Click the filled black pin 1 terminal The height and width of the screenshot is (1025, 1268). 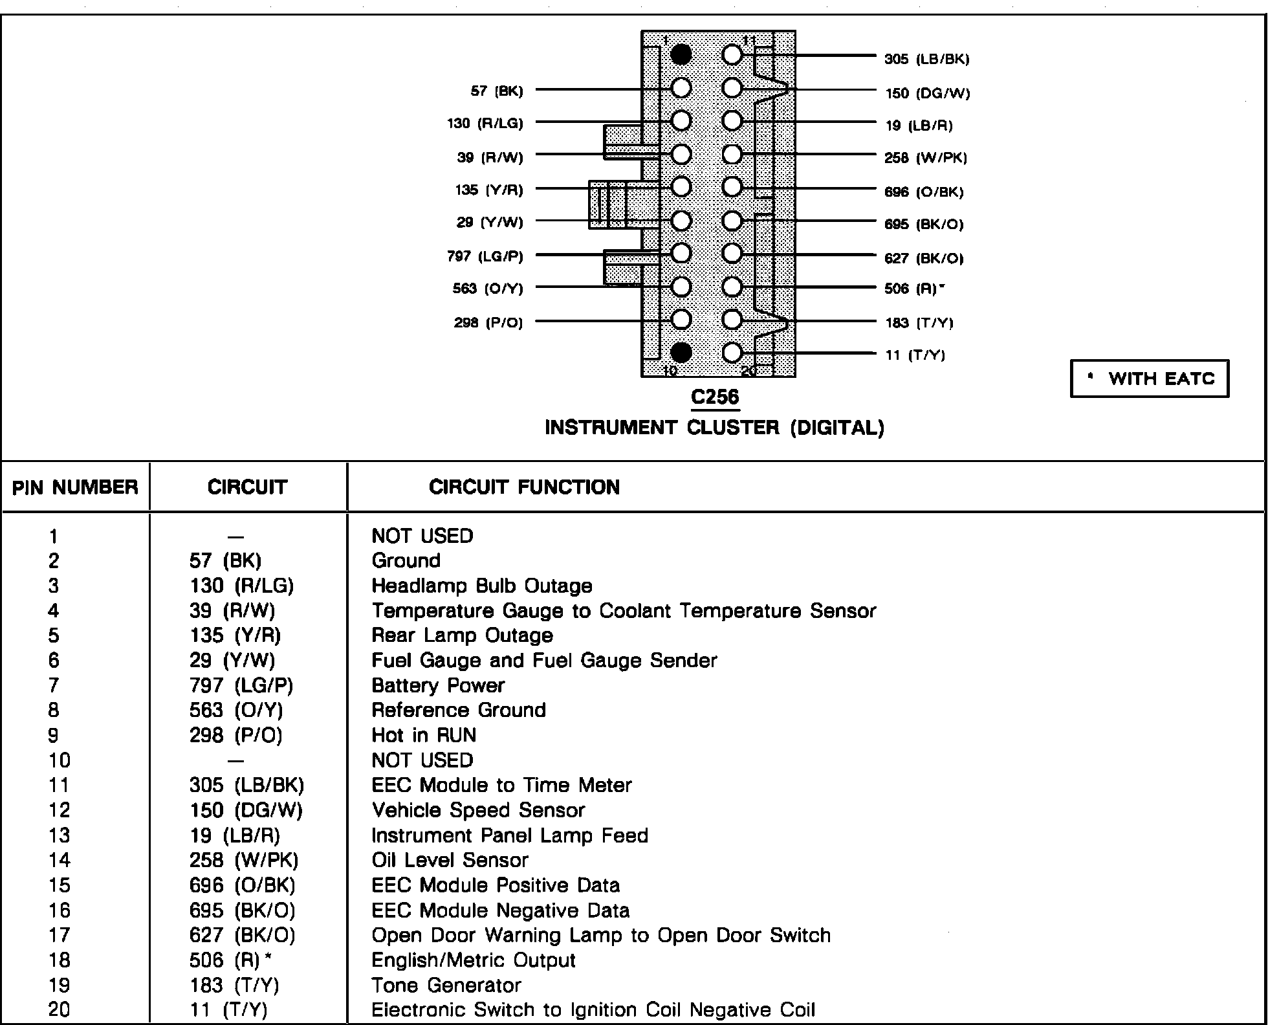coord(681,55)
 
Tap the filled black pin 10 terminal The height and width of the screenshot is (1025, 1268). coord(681,353)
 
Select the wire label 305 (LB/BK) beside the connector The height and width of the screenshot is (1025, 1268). coord(926,60)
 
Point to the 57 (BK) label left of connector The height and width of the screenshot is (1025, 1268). coord(496,91)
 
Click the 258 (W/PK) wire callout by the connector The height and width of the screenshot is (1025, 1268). coord(925,158)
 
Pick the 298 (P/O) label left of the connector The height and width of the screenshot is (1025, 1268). coord(488,322)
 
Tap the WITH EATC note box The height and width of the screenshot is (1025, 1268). coord(1149,379)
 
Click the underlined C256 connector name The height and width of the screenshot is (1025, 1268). coord(714,397)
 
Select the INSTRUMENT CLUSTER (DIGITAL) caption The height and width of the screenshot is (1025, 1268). coord(714,428)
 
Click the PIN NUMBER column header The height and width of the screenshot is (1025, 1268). coord(75,487)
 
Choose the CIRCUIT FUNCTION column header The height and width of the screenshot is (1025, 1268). coord(524,487)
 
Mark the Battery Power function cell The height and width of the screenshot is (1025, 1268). coord(438,685)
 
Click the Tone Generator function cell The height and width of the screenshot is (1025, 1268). coord(446,986)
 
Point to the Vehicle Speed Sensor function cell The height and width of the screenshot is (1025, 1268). coord(478,810)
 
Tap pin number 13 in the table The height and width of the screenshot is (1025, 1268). coord(59,835)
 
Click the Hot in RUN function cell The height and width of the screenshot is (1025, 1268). coord(424,735)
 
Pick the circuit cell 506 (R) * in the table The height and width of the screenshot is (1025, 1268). coord(229,960)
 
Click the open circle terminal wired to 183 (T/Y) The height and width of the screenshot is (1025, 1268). coord(732,320)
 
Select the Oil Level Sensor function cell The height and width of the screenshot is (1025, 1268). coord(450,860)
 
